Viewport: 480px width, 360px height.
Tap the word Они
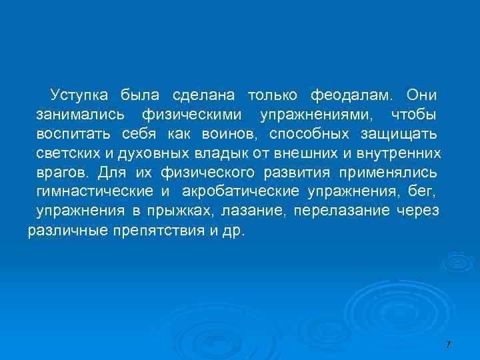(422, 95)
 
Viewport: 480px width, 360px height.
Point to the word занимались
(75, 115)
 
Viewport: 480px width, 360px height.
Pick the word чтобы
(413, 115)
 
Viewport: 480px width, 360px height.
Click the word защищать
(399, 134)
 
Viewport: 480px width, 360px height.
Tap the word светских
(66, 153)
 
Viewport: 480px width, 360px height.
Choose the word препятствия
(157, 233)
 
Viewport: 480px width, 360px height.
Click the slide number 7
(448, 343)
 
